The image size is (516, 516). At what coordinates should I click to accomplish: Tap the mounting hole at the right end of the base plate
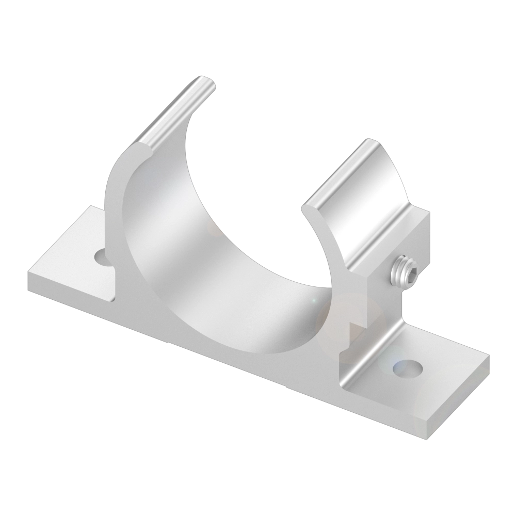pyautogui.click(x=408, y=367)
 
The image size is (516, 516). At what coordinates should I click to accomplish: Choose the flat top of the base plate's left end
pyautogui.click(x=72, y=258)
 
